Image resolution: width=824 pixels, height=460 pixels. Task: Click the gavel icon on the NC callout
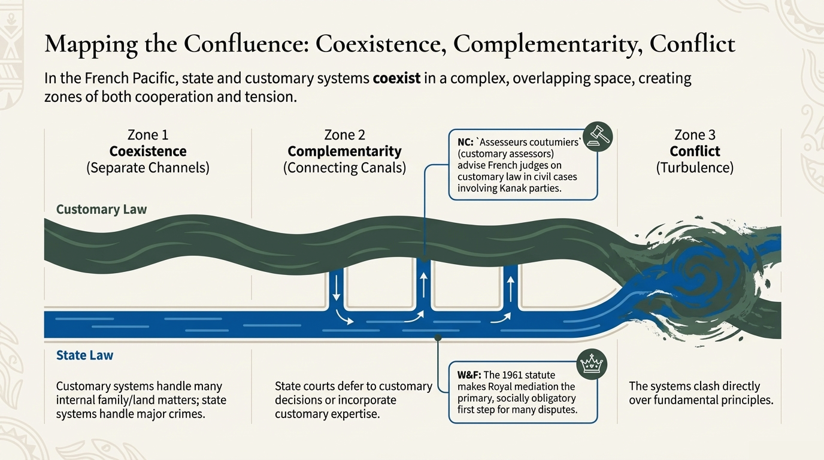pos(597,137)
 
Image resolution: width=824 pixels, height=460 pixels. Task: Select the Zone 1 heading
pos(148,135)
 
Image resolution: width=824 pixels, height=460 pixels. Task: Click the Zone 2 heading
pos(344,135)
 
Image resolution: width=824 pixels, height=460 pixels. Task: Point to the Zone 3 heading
pos(695,135)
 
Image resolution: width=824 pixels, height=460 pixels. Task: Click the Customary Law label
pos(101,210)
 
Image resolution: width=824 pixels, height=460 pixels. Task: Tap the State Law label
pos(84,355)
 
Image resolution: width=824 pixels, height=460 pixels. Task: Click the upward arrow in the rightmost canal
pos(510,290)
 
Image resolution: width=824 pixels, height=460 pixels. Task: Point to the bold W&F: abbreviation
pos(468,376)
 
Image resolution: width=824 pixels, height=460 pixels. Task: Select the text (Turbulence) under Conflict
pos(695,168)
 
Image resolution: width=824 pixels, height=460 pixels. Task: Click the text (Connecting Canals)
pos(344,168)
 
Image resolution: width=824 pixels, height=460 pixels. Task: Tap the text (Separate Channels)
pos(148,168)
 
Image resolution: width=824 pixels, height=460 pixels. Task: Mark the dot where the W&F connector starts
pos(438,338)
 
